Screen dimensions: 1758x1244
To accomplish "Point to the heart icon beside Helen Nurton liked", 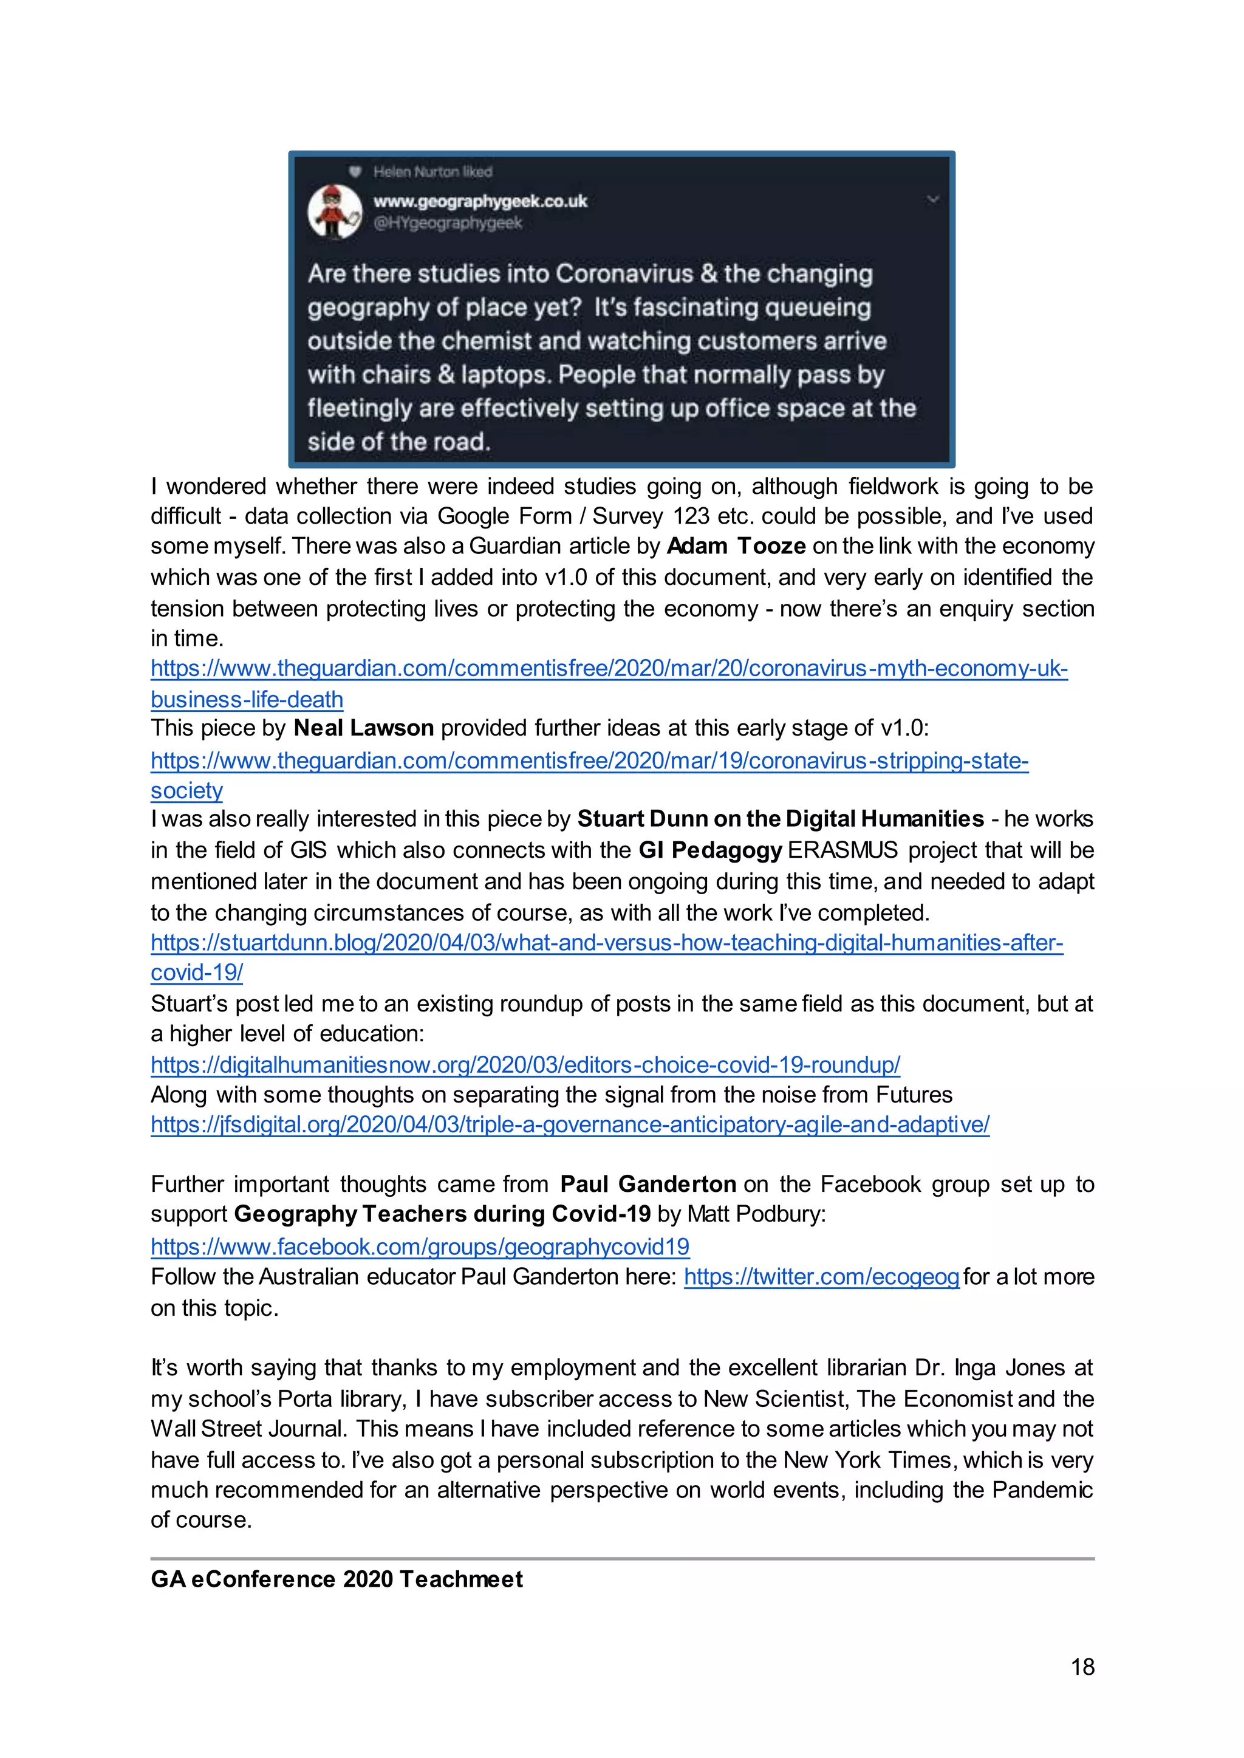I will tap(355, 171).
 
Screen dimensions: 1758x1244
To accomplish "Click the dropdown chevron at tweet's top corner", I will tap(932, 200).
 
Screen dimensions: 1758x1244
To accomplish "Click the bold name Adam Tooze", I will tap(736, 546).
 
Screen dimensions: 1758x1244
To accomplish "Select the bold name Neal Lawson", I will tap(364, 728).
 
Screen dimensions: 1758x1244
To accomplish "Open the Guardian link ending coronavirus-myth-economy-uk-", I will tap(609, 669).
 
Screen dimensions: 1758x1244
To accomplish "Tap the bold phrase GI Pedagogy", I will tap(710, 850).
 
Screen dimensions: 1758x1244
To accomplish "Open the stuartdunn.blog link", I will tap(607, 943).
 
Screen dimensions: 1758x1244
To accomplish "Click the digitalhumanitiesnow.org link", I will tap(525, 1065).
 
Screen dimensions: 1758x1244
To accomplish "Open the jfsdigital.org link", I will tap(570, 1124).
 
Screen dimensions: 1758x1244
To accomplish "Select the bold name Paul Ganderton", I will tap(648, 1185).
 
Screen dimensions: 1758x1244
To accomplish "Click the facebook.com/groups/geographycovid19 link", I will tap(420, 1247).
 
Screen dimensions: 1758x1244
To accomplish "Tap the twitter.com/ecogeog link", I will tap(821, 1277).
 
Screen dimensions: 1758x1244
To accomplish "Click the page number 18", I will tap(1082, 1667).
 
